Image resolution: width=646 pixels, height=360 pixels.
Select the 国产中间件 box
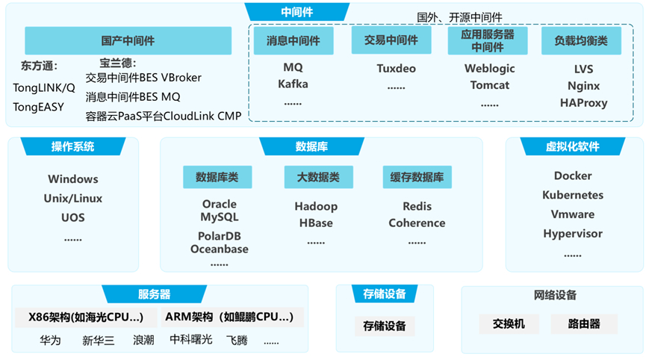point(128,41)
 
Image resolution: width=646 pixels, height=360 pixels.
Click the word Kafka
point(293,84)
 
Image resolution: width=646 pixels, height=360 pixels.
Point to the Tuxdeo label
point(396,69)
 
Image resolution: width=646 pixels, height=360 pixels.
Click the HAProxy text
point(583,103)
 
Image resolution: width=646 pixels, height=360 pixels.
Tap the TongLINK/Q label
point(44,87)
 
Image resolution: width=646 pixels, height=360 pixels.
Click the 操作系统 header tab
point(72,146)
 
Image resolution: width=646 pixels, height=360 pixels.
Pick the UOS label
point(73,217)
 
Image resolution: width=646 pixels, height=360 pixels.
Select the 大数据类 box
point(318,177)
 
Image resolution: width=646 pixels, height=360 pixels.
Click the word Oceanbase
point(219,249)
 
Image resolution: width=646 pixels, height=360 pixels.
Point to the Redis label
point(417,206)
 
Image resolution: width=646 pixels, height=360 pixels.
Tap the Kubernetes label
point(573,195)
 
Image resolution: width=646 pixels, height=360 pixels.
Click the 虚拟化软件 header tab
point(572,146)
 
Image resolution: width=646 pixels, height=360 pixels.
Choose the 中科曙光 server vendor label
point(191,340)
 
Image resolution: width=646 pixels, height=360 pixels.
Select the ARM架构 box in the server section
point(229,317)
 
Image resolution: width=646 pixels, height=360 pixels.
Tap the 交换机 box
point(509,324)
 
